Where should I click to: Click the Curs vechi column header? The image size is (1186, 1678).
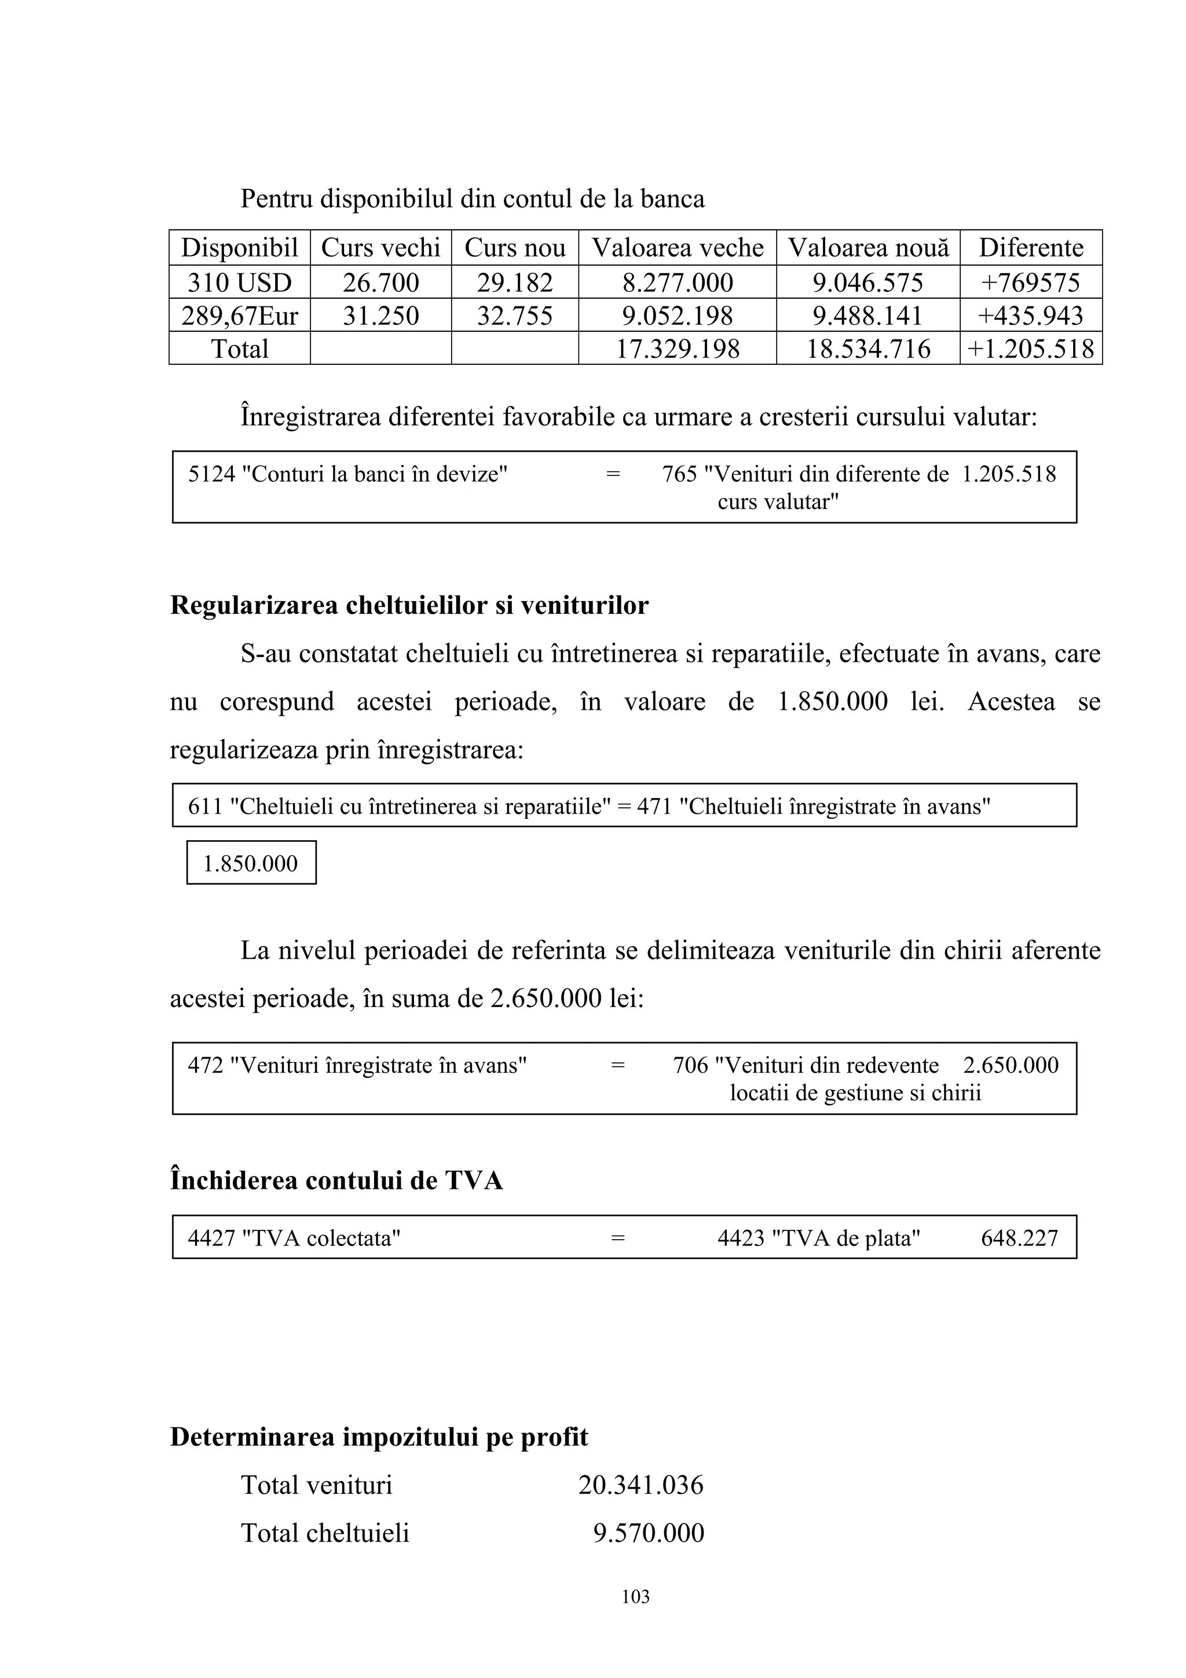pos(380,248)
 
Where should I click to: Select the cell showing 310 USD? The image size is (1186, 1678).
pos(240,282)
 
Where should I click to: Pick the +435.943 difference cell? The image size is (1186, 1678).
pos(1030,315)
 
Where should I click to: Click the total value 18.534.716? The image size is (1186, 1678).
pos(867,349)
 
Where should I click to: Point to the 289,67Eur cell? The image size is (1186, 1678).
pos(240,315)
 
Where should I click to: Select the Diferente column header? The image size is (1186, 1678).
pos(1030,248)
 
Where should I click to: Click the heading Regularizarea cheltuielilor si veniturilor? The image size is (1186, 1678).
pos(409,605)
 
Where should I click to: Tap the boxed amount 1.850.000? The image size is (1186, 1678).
pos(251,863)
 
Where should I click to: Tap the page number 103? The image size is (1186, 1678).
pos(635,1597)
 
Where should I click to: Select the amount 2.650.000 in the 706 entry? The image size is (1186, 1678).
pos(1010,1065)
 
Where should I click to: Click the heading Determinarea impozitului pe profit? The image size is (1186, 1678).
pos(379,1437)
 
